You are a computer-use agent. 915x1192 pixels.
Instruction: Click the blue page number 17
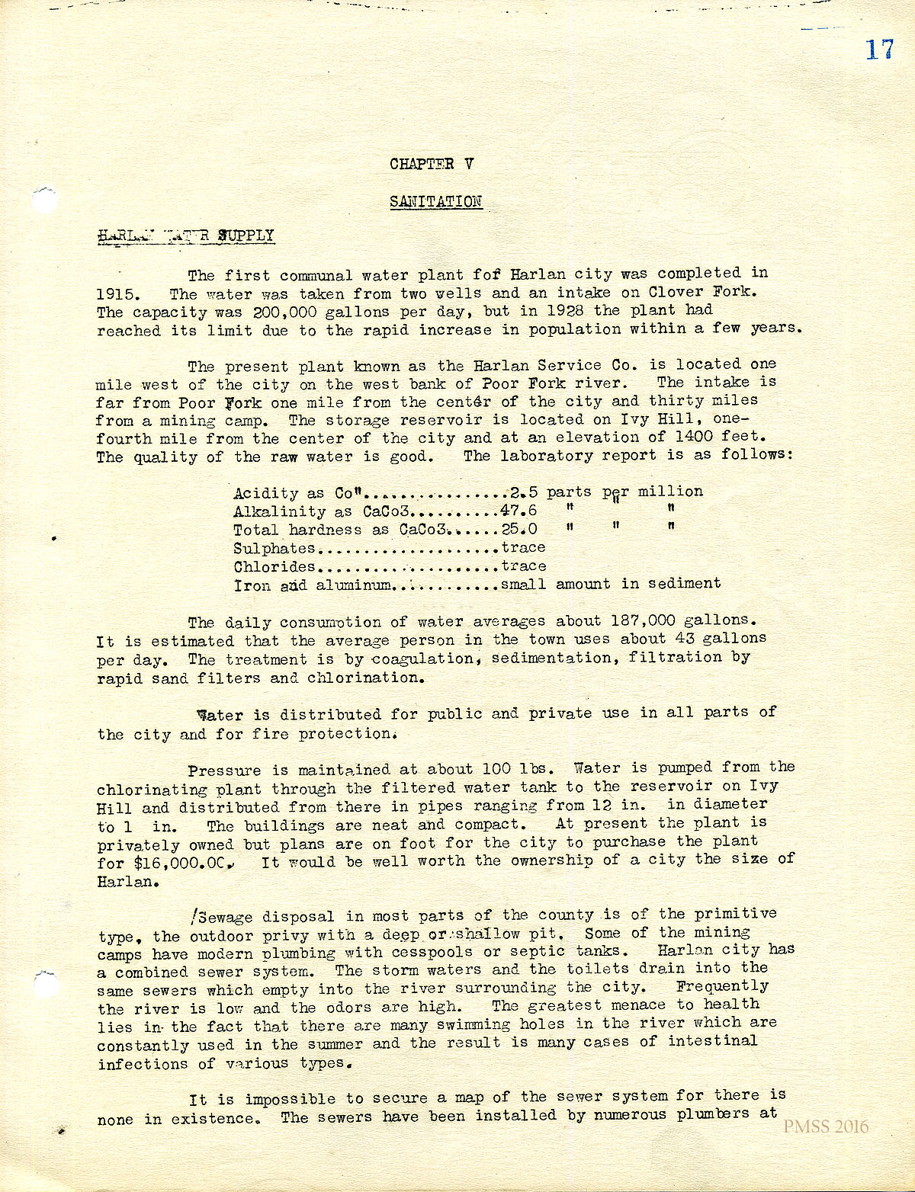(879, 50)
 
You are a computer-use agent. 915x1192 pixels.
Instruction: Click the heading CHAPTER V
(432, 164)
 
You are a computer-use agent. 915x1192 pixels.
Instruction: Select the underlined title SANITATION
(435, 201)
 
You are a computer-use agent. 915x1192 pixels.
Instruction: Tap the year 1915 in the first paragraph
(116, 294)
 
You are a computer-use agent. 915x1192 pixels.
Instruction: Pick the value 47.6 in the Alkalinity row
(518, 511)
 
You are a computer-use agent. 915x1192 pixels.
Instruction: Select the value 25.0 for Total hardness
(519, 529)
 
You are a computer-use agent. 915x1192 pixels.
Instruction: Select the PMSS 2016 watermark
(826, 1127)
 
